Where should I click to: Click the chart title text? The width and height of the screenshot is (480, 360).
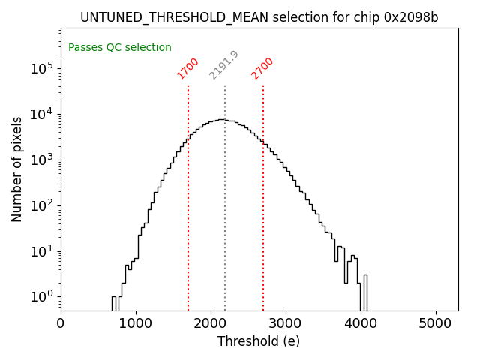(259, 17)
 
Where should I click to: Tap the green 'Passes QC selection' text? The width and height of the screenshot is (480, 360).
(120, 48)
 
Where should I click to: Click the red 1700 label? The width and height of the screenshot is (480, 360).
(187, 68)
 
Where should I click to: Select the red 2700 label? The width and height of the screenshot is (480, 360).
(262, 68)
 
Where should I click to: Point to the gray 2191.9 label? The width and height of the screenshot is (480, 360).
(223, 65)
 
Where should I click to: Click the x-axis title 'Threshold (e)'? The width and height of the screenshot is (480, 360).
(259, 341)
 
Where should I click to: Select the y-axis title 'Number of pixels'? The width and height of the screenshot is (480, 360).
(17, 169)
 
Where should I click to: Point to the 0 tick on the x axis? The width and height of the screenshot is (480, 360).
(61, 323)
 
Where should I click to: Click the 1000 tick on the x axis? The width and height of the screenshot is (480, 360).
(136, 323)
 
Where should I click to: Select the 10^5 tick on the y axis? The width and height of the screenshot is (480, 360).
(41, 69)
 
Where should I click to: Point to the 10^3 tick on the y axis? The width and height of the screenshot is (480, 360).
(41, 160)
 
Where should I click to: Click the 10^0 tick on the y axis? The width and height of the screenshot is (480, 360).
(41, 296)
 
